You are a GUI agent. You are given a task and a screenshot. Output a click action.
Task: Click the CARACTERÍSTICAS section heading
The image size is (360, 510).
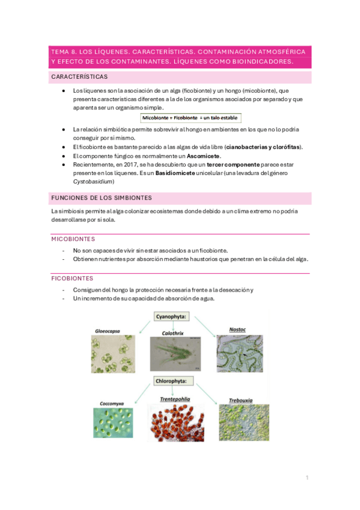[80, 78]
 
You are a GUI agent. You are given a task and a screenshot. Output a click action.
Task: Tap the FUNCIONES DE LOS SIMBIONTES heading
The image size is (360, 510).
[101, 198]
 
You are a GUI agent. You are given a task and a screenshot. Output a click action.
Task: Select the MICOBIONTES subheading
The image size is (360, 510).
[73, 239]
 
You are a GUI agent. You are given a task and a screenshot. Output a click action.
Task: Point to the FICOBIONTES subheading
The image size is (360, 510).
[72, 278]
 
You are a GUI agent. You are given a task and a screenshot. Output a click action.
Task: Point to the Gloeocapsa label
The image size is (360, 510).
[109, 330]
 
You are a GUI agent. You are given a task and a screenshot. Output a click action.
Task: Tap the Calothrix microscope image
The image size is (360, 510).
[172, 356]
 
